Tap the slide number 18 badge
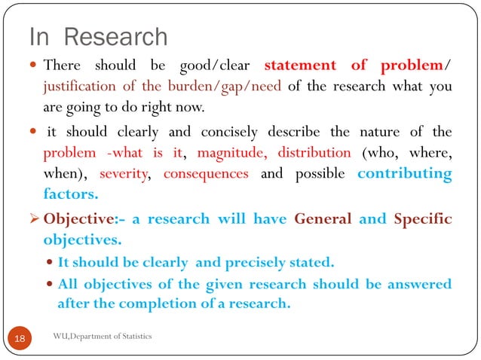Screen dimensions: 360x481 click(x=19, y=339)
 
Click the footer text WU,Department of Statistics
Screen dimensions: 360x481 click(x=103, y=335)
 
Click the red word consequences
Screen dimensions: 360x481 click(x=206, y=174)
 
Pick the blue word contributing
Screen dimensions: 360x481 click(x=404, y=174)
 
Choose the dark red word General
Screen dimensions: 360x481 click(x=323, y=219)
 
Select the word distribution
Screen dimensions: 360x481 click(x=314, y=153)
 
